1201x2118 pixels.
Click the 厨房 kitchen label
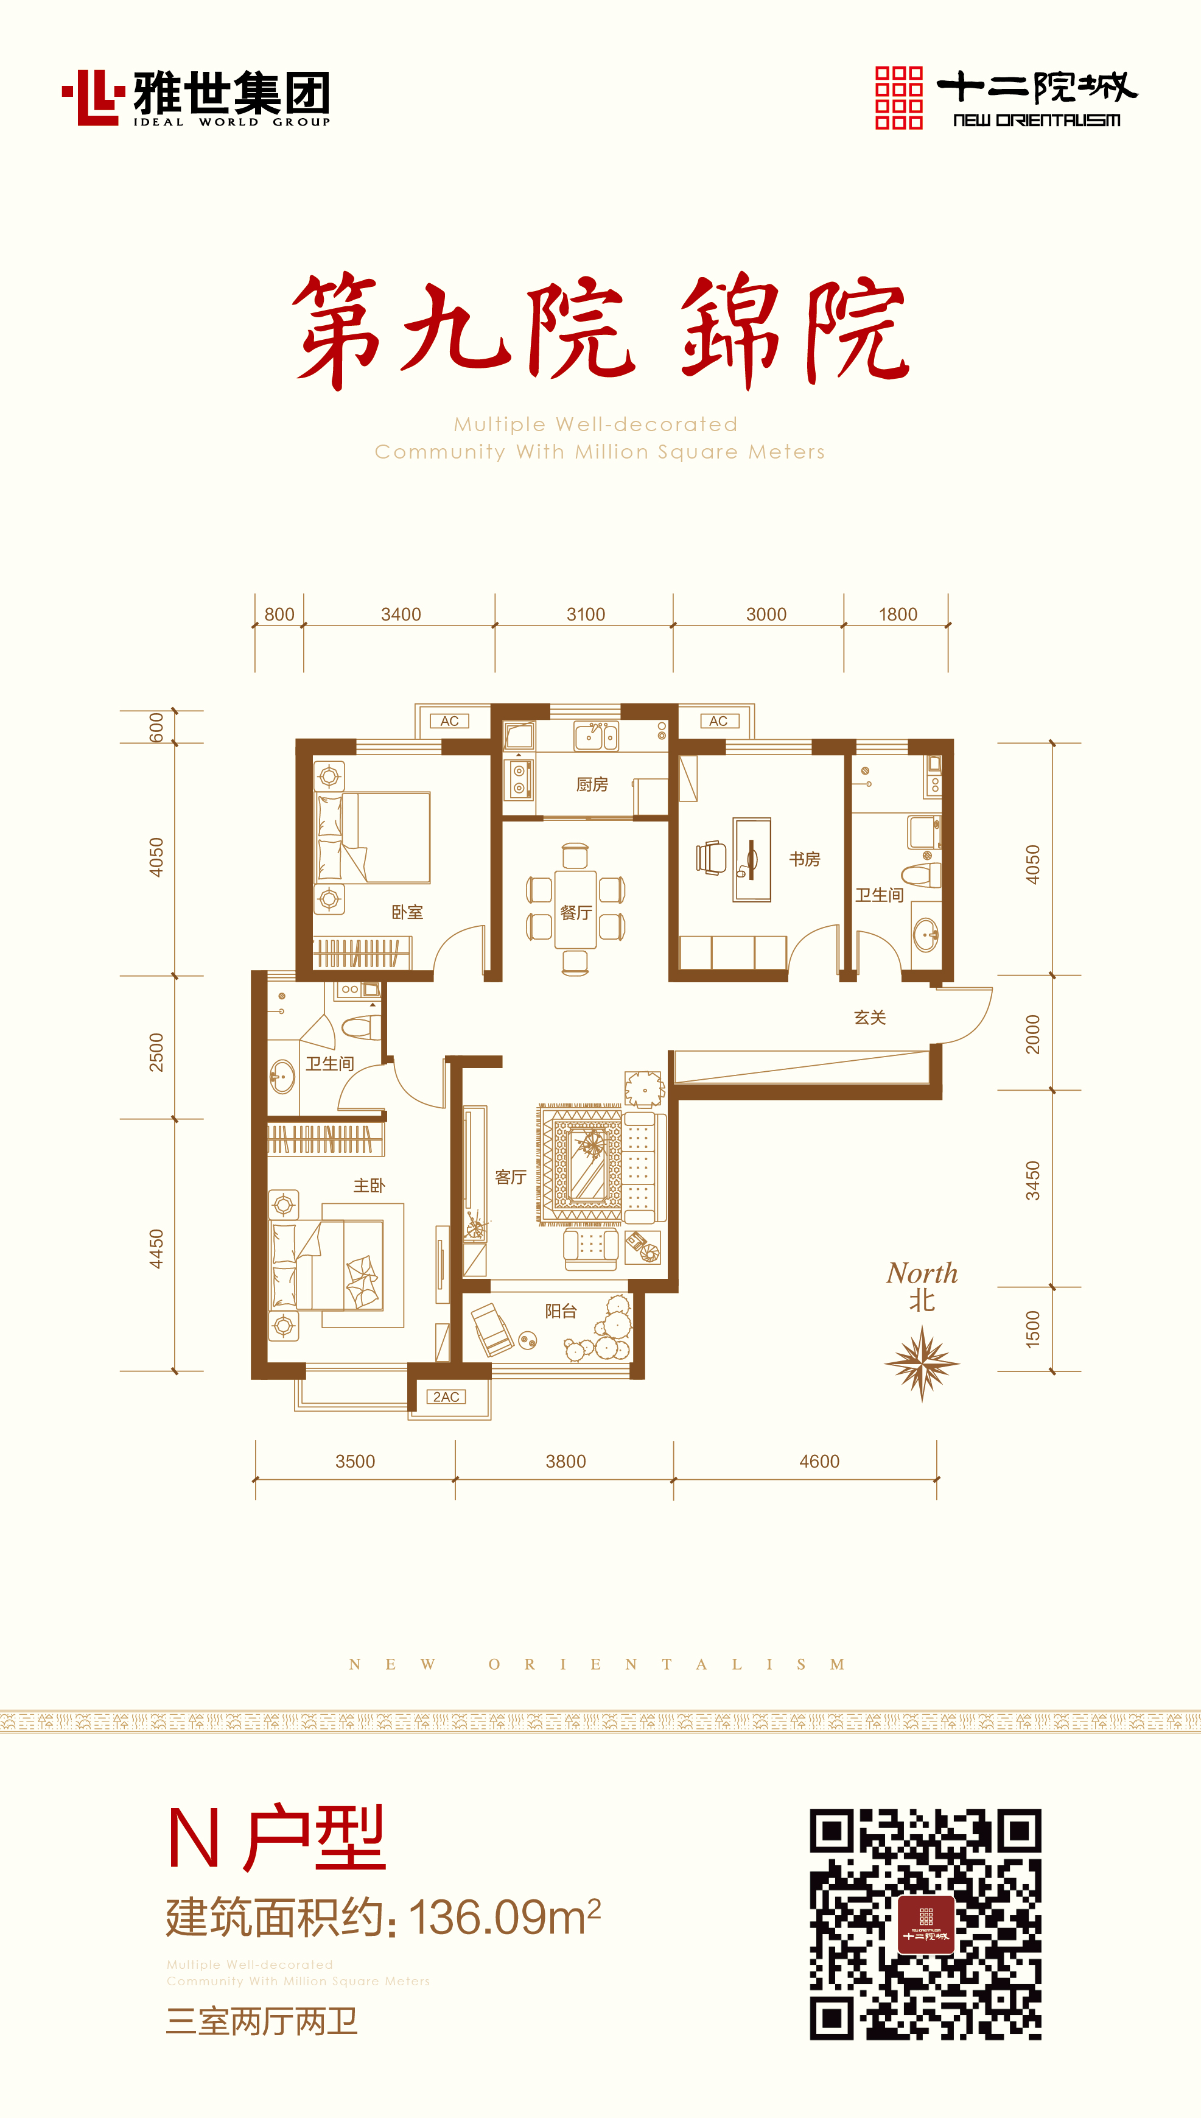(x=592, y=784)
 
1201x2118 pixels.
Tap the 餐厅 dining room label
(x=576, y=913)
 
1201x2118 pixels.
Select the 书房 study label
(x=804, y=859)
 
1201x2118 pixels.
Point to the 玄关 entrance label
(x=869, y=1018)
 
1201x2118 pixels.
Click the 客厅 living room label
(x=511, y=1177)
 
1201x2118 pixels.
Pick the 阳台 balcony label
(x=560, y=1311)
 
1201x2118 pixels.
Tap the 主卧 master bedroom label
(x=369, y=1186)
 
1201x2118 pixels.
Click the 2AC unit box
(x=446, y=1397)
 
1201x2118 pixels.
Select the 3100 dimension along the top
(x=586, y=614)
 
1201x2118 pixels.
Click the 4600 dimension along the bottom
(x=819, y=1462)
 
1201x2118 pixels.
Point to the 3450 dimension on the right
(x=1033, y=1181)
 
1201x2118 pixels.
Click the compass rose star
(x=922, y=1363)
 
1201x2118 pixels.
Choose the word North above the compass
(x=922, y=1273)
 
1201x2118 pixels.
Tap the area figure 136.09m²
(x=504, y=1918)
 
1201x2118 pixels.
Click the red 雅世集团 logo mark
(x=93, y=97)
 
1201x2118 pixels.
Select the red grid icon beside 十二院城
(x=898, y=97)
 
